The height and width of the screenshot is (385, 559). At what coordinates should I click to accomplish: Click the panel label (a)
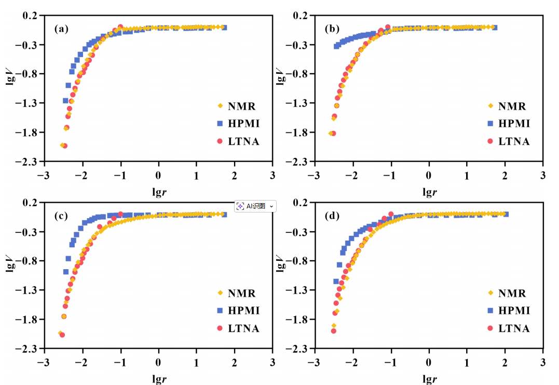(61, 30)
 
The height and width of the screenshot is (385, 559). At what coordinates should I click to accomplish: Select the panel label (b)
(332, 30)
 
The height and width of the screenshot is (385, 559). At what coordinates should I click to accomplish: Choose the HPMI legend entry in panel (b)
(507, 124)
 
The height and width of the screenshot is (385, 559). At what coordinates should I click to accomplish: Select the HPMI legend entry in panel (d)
(507, 311)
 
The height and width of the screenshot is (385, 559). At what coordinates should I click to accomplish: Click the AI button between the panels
(255, 206)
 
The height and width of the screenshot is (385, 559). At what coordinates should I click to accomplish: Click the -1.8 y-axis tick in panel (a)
(30, 132)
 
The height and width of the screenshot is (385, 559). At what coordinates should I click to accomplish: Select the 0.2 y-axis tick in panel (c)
(32, 202)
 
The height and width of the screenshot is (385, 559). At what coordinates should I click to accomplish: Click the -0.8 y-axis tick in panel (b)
(299, 74)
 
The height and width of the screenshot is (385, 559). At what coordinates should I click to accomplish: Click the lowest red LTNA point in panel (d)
(334, 331)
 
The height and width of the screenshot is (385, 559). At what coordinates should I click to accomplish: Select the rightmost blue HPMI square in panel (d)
(506, 214)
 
